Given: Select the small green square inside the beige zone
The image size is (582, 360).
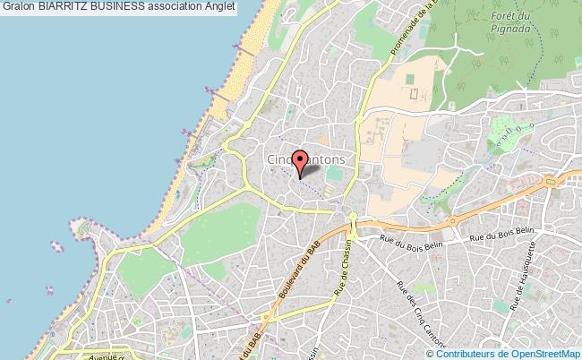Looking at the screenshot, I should click(413, 93).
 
